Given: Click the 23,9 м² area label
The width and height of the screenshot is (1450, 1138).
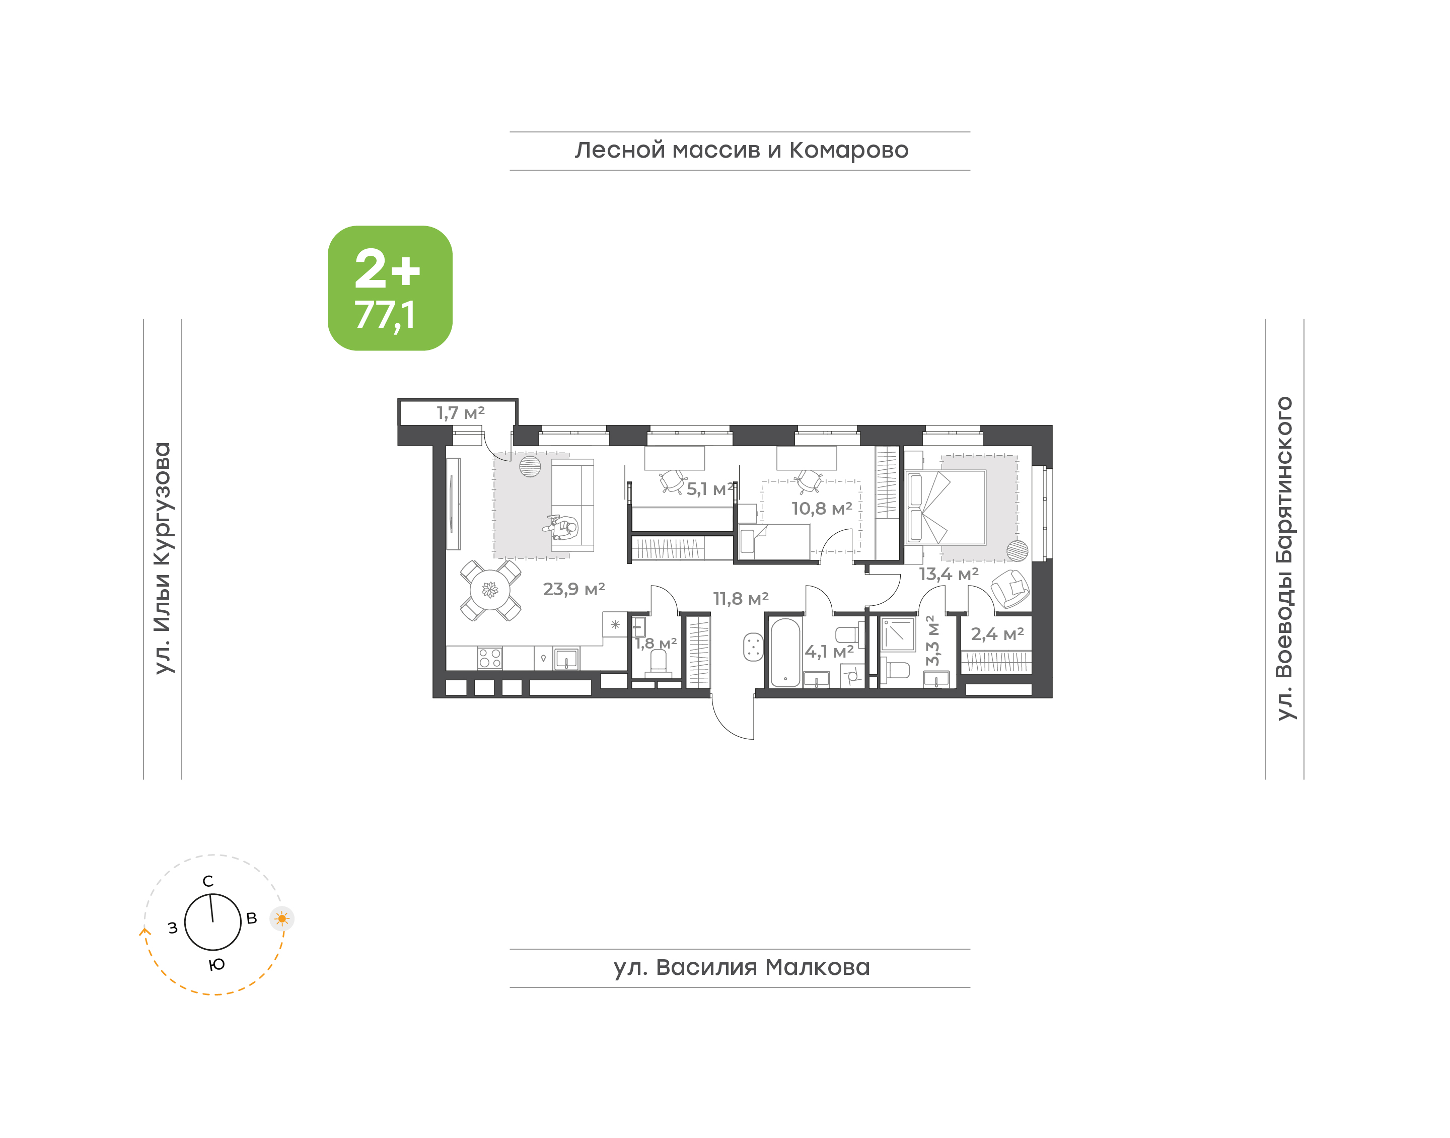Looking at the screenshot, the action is (x=573, y=589).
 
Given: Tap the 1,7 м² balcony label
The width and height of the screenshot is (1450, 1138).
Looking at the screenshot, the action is (x=460, y=413).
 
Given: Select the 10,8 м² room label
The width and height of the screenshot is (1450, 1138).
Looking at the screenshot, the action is (x=821, y=509).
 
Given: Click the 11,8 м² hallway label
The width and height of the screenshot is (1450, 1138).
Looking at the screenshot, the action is (x=741, y=599).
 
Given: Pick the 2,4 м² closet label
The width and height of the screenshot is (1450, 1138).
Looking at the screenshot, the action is (x=997, y=634).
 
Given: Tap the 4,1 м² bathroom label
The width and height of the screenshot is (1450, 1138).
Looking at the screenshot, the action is (x=829, y=652).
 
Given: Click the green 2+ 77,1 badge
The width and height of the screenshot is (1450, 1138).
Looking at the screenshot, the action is (x=390, y=288).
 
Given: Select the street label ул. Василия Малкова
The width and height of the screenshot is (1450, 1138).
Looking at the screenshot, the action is (x=741, y=967).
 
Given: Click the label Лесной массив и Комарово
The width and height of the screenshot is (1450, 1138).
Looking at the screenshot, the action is (x=741, y=151).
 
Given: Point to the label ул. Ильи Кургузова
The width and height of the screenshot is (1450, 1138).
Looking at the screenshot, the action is (x=163, y=558).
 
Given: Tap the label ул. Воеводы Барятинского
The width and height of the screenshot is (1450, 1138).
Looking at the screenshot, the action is (x=1284, y=558).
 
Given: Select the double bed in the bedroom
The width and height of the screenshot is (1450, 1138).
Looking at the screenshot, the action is (x=946, y=508).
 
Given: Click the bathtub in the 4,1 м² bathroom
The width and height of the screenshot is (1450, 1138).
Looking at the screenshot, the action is (x=785, y=653).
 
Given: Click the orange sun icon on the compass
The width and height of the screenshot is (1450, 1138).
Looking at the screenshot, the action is (x=282, y=919).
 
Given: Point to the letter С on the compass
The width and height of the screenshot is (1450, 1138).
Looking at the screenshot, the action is (x=208, y=881).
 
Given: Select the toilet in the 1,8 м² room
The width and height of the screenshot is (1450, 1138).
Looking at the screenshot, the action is (x=658, y=664).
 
